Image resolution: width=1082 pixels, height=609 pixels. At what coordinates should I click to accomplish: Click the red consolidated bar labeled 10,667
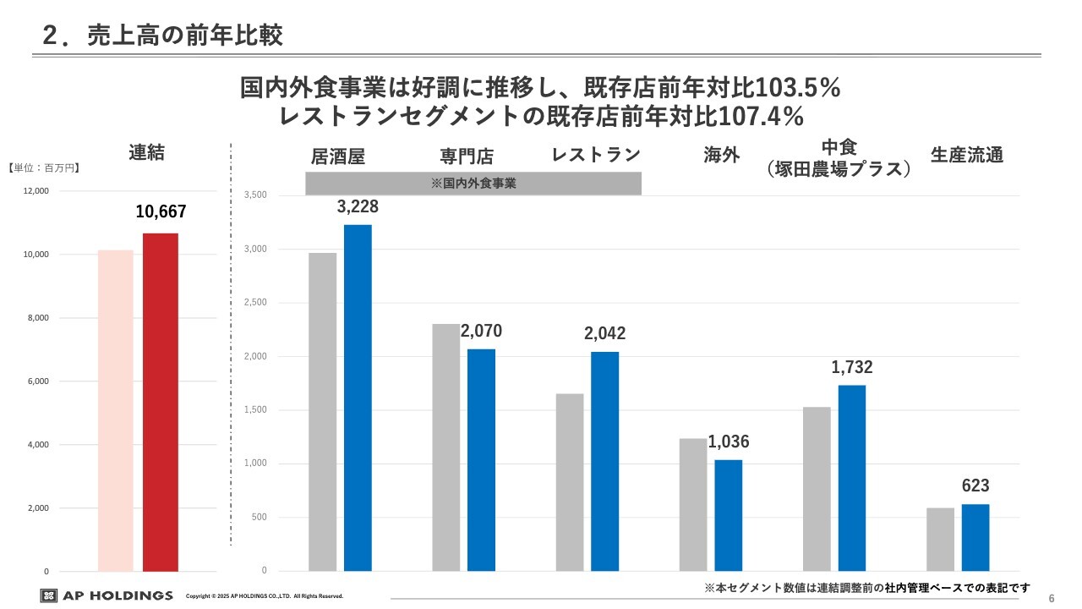click(x=161, y=402)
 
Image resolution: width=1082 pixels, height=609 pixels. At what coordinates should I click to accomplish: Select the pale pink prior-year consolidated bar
click(x=116, y=410)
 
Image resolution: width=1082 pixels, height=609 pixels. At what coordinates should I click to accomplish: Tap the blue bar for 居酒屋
click(x=358, y=398)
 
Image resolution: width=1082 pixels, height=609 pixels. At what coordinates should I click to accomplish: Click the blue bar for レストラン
click(x=604, y=461)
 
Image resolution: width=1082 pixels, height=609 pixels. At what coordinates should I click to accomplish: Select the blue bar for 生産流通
click(x=975, y=537)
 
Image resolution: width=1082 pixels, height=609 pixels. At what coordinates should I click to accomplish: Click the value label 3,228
click(x=358, y=207)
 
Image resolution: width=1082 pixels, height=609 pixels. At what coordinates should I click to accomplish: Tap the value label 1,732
click(x=852, y=367)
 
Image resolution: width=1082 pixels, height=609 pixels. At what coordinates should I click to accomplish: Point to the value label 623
click(x=975, y=486)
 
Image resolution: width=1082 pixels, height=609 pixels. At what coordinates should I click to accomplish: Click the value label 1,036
click(x=729, y=442)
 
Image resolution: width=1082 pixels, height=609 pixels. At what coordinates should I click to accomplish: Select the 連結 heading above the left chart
click(x=147, y=152)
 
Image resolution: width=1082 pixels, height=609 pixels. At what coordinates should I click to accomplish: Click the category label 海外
click(x=722, y=156)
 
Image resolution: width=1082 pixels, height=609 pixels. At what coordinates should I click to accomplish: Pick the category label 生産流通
click(x=967, y=156)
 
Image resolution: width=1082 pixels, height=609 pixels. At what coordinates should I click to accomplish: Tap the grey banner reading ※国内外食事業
click(x=473, y=183)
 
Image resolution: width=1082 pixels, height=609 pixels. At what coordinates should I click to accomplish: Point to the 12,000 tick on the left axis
click(x=36, y=191)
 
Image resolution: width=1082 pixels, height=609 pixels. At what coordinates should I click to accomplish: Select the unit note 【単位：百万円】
click(x=44, y=168)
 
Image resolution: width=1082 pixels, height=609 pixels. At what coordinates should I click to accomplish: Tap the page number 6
click(x=1052, y=598)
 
